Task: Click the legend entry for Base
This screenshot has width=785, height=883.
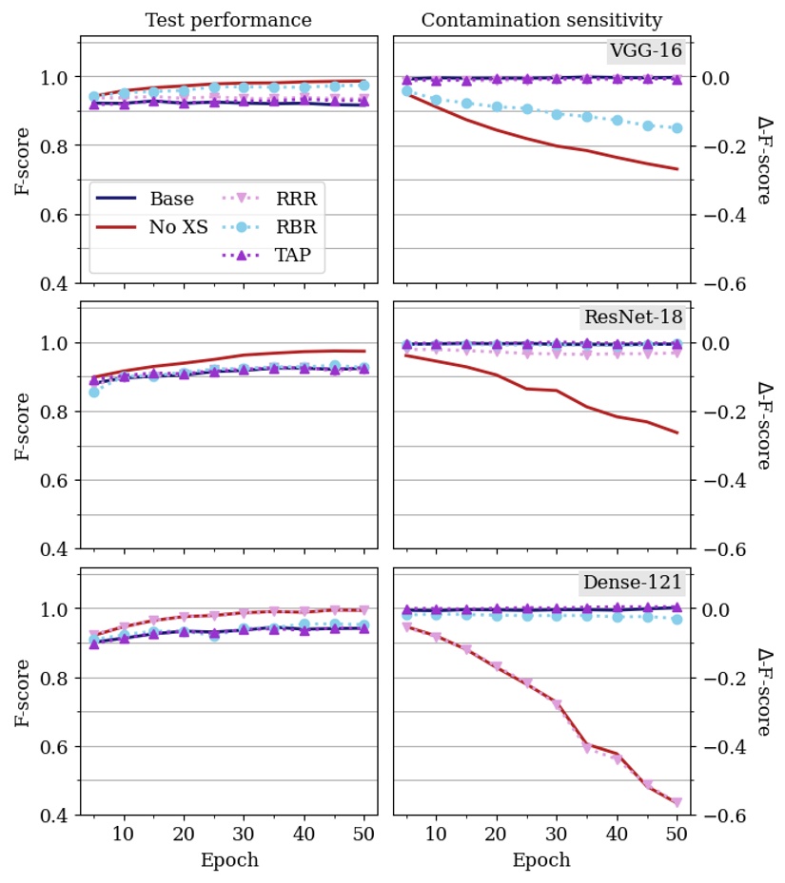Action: pyautogui.click(x=171, y=200)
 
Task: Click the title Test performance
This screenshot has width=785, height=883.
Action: pyautogui.click(x=228, y=20)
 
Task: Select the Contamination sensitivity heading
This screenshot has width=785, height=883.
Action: pyautogui.click(x=541, y=20)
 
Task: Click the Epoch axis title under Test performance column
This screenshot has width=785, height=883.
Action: pyautogui.click(x=228, y=860)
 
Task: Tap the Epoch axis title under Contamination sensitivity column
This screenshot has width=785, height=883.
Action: pyautogui.click(x=541, y=860)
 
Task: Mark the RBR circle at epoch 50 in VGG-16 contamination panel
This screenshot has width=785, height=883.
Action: pyautogui.click(x=677, y=127)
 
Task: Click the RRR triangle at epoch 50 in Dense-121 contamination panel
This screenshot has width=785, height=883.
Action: pyautogui.click(x=677, y=802)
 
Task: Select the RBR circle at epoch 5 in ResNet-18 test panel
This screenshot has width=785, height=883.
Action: pyautogui.click(x=93, y=392)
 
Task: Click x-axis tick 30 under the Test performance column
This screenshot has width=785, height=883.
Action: pyautogui.click(x=244, y=835)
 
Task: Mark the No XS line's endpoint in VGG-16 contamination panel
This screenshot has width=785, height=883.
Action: pyautogui.click(x=677, y=169)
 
